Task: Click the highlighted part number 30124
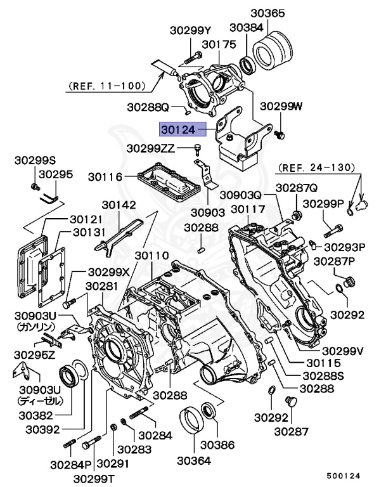[178, 129]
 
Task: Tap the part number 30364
[193, 460]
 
